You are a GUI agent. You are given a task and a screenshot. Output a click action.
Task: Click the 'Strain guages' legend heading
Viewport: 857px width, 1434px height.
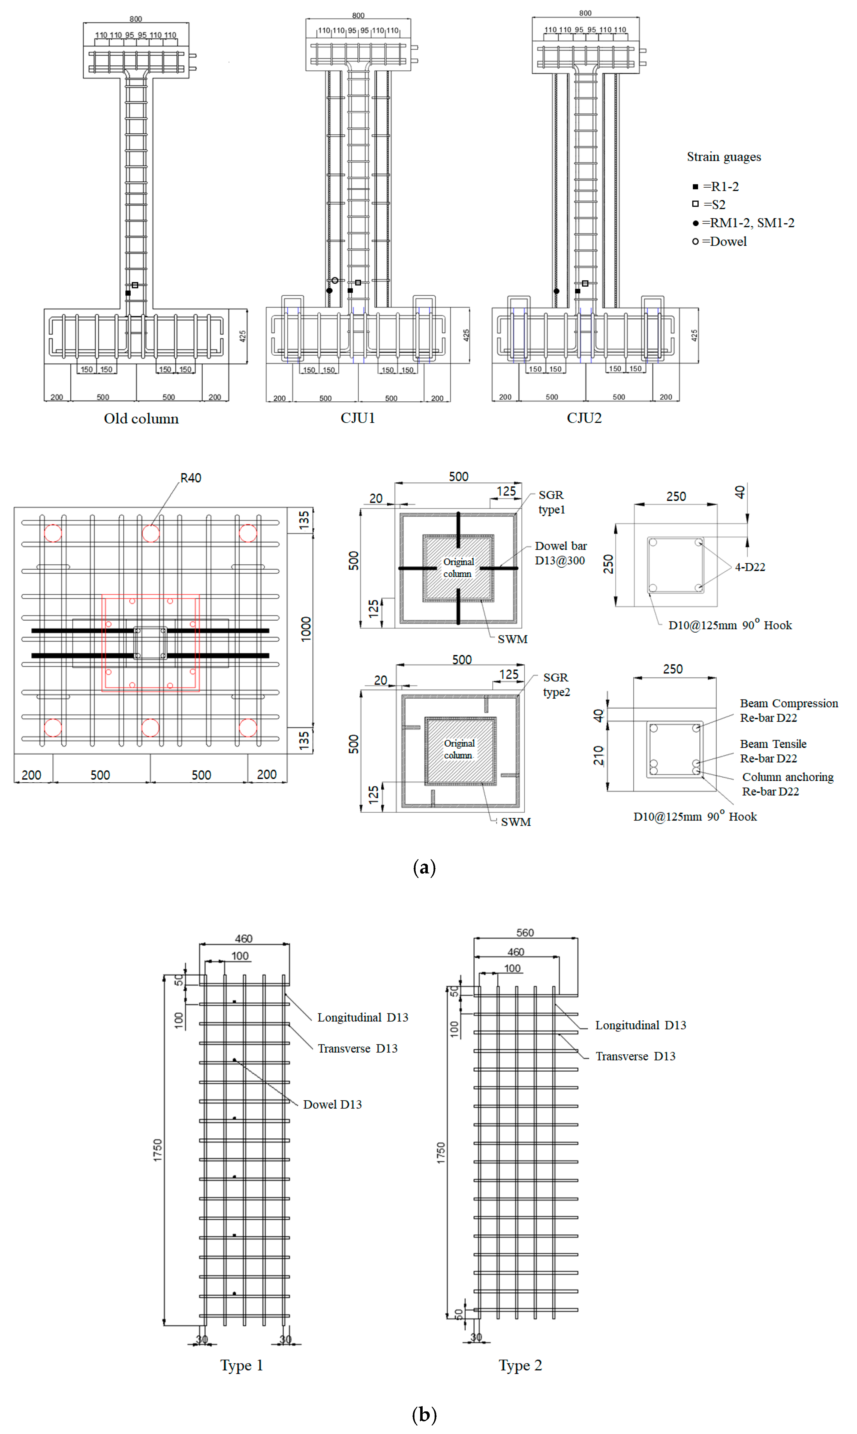tap(724, 157)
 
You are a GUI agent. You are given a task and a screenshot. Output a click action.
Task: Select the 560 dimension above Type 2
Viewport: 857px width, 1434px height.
tap(525, 933)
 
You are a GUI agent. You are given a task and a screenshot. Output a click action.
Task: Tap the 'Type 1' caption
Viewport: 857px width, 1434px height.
tap(241, 1365)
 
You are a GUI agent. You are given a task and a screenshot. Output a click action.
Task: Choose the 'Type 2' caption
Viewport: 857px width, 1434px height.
tap(520, 1365)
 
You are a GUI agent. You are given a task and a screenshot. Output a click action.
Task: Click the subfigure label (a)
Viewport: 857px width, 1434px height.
tap(425, 867)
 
